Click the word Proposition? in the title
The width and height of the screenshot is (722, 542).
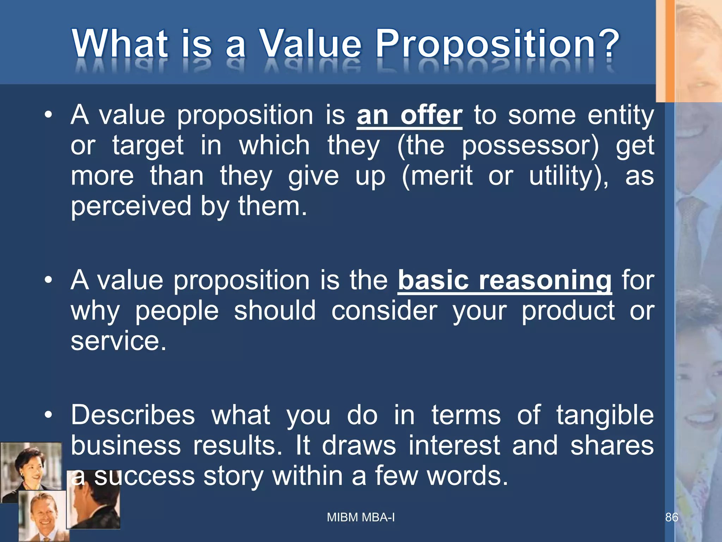point(497,44)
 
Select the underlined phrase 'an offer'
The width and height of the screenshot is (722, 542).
point(409,115)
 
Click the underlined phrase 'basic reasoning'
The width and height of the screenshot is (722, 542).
point(505,280)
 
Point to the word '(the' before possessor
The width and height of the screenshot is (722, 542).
point(421,145)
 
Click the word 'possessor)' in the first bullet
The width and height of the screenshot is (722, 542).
point(530,145)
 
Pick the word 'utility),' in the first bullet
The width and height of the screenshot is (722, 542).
point(568,176)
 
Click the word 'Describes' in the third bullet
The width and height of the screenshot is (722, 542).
point(133,415)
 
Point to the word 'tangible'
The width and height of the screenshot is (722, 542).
point(605,415)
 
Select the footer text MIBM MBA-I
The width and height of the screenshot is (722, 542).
point(361,517)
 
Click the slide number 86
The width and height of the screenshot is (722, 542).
point(671,517)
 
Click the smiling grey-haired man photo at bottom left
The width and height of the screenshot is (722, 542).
point(42,515)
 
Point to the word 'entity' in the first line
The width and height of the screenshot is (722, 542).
point(620,115)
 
